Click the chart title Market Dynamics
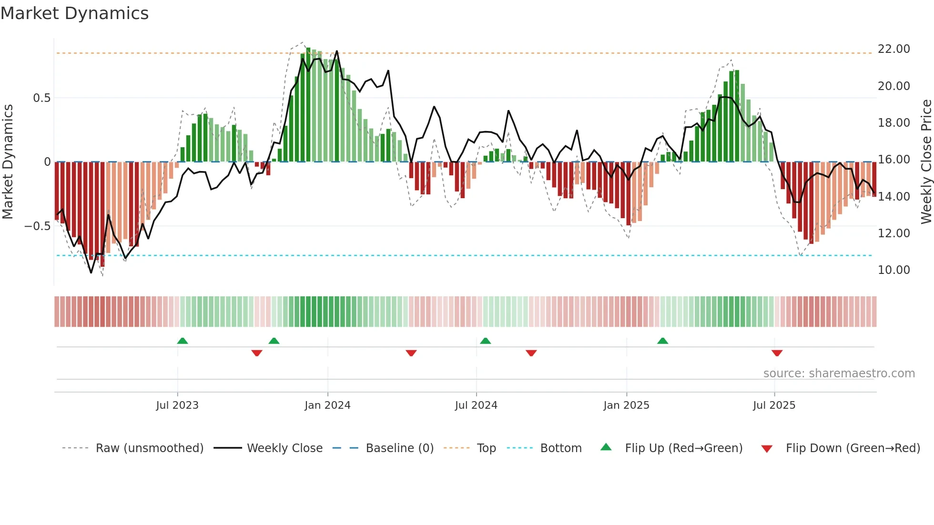75,13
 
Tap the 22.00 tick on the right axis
893,49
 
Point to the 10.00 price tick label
893,270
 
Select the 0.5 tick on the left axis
41,98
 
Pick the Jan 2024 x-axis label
327,405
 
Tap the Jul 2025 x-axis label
774,405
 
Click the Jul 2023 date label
177,405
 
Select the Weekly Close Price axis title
926,162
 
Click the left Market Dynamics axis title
8,162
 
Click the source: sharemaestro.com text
839,374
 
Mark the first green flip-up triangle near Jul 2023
183,341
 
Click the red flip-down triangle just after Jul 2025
777,353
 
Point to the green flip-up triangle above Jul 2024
485,341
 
